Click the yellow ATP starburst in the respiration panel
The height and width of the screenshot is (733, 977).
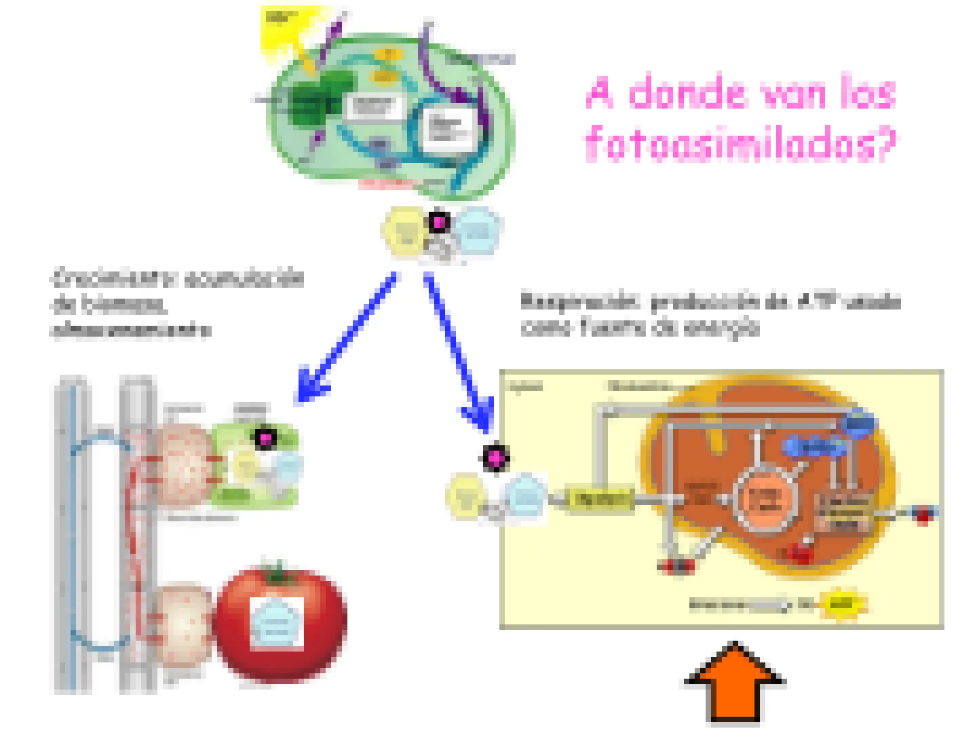point(841,604)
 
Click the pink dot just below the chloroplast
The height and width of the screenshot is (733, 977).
point(439,222)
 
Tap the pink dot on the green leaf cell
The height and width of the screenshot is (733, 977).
point(265,439)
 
